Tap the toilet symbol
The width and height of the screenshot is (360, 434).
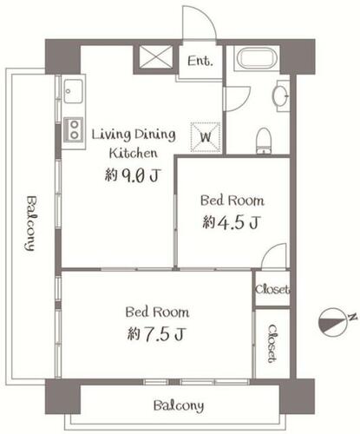pos(264,141)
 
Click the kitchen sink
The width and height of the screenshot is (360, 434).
pos(73,91)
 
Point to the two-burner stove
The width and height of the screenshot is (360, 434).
pos(74,129)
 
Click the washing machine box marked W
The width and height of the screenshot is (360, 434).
pos(206,137)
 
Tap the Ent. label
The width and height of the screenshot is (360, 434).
pos(200,61)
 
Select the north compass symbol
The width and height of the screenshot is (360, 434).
pos(333,322)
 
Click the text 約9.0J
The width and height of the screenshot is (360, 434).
pos(133,175)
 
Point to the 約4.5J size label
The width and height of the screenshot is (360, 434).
pos(232,222)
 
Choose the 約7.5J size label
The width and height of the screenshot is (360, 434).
pos(156,334)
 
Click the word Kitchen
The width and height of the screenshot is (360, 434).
pos(134,153)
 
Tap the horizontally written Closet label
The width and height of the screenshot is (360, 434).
pos(272,289)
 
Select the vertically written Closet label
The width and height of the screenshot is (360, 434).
pos(272,344)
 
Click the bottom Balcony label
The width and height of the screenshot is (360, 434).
pos(179,405)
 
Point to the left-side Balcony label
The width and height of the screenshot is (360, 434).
pos(30,223)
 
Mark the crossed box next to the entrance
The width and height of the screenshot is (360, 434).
pos(156,56)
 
